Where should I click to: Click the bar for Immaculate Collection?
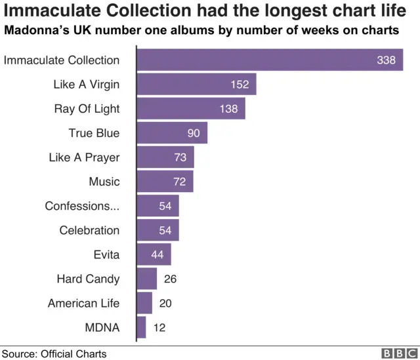(269, 60)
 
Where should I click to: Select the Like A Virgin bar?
(196, 85)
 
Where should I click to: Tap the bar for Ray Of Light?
(191, 109)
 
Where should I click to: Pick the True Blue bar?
(172, 133)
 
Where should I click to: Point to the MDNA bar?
(141, 327)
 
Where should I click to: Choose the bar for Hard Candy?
(147, 279)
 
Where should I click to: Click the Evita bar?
(154, 254)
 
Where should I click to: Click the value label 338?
(386, 60)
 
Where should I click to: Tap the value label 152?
(240, 85)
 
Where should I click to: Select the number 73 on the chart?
(180, 157)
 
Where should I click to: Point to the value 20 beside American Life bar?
(165, 303)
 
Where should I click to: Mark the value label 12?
(160, 327)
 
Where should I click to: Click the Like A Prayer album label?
(84, 157)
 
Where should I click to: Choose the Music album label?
(104, 182)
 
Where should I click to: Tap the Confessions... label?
(82, 206)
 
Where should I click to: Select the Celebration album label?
(89, 230)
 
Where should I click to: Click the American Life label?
(83, 303)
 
